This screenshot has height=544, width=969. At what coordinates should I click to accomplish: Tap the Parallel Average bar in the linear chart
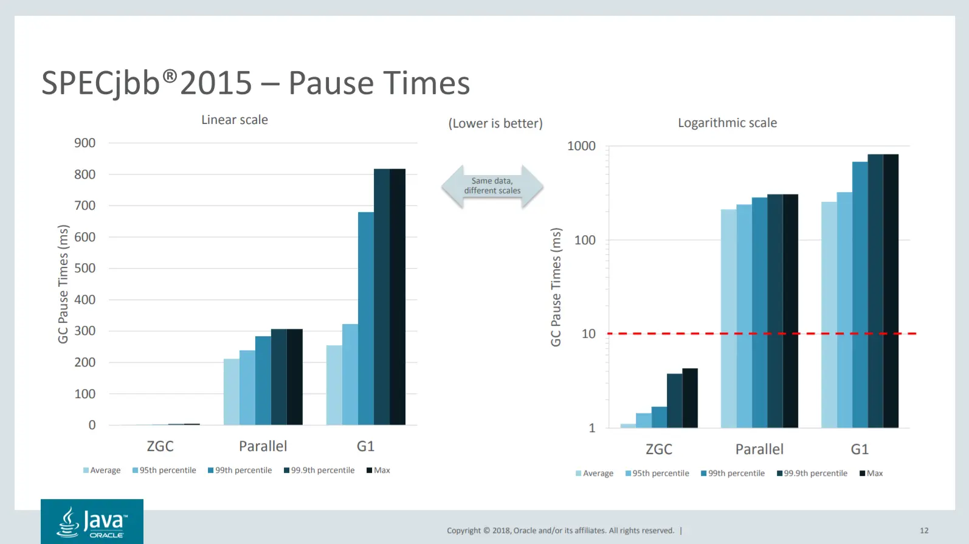(232, 391)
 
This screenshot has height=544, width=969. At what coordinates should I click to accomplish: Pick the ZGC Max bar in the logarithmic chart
(690, 398)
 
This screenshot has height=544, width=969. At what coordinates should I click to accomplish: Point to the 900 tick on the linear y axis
(85, 143)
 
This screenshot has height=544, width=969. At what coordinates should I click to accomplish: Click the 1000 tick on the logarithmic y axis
(581, 146)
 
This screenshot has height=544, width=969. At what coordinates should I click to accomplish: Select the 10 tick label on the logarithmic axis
(588, 334)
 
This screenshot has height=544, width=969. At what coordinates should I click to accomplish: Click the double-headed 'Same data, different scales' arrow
(492, 186)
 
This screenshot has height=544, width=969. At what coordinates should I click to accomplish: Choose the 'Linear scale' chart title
(235, 120)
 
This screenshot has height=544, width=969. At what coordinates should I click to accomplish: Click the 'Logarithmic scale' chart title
(727, 123)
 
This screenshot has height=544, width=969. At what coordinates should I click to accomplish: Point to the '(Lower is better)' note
(495, 123)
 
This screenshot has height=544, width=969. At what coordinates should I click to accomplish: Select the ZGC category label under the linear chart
(160, 446)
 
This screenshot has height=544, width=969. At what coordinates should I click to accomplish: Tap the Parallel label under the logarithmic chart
(759, 449)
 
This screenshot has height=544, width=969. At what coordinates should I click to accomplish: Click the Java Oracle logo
(92, 522)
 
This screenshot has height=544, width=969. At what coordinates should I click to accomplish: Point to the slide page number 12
(924, 531)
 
